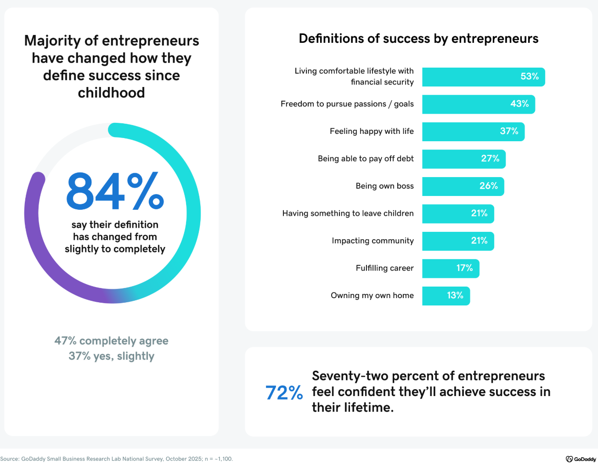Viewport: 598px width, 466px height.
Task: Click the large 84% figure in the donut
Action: tap(115, 191)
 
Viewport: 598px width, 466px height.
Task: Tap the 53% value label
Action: tap(529, 76)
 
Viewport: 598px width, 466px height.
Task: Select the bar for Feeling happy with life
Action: tap(473, 132)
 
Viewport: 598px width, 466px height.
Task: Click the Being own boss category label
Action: tap(384, 186)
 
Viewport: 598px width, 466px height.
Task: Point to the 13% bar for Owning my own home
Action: tap(446, 296)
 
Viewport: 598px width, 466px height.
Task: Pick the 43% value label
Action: tap(519, 104)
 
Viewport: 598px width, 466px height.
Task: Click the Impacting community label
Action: tap(372, 241)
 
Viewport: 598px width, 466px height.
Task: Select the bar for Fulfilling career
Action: tap(450, 268)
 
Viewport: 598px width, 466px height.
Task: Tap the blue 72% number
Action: tap(284, 393)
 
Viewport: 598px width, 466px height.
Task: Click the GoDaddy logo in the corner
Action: tap(581, 459)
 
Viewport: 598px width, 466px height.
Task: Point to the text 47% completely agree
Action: tap(111, 341)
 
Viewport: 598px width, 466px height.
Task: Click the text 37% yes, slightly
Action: tap(111, 356)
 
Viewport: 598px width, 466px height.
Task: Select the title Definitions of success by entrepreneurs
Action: tap(418, 39)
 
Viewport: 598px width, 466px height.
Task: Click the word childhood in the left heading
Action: tap(111, 93)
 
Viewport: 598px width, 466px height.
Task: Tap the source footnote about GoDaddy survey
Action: tap(116, 459)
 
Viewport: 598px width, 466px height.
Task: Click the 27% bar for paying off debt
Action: tap(463, 159)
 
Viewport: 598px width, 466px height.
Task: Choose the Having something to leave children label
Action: tap(348, 213)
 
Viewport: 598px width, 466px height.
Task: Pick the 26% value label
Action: tap(488, 186)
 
